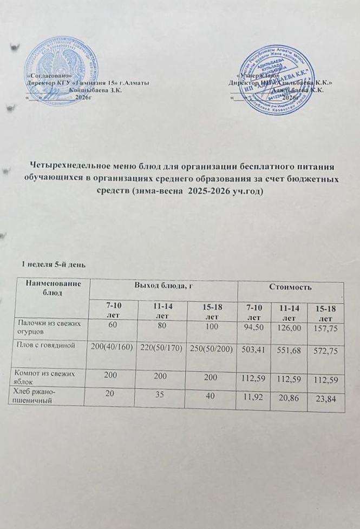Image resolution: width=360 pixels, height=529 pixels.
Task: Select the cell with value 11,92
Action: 254,398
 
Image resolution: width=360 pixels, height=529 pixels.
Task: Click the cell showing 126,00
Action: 290,327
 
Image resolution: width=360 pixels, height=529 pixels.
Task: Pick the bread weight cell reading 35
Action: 162,395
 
